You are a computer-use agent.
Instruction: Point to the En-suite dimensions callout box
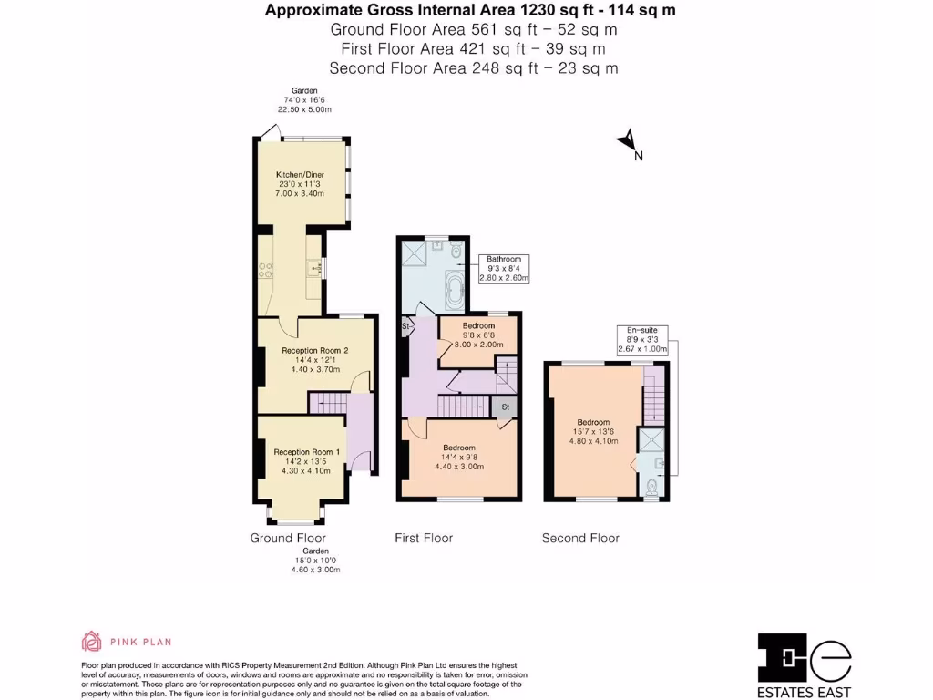pos(642,339)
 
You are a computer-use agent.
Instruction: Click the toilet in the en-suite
pos(651,489)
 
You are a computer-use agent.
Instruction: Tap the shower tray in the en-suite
pos(651,440)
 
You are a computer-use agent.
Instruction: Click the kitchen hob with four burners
pos(267,269)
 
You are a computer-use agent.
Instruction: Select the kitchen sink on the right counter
pos(313,268)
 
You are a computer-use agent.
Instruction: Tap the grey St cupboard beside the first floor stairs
pos(506,406)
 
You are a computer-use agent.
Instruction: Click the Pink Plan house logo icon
pos(91,642)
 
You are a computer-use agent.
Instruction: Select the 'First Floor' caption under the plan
pos(423,538)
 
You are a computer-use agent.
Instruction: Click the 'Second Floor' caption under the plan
pos(580,538)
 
